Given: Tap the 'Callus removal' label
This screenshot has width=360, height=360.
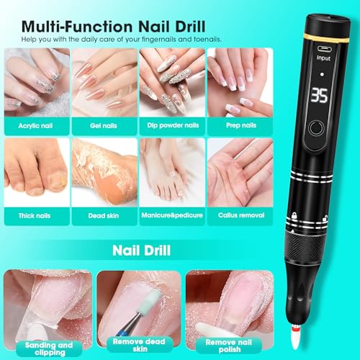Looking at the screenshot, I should [x=238, y=213].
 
